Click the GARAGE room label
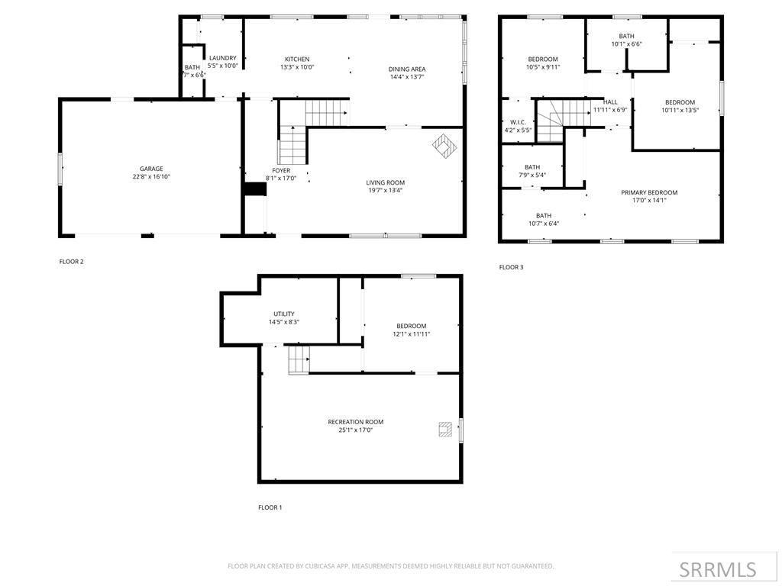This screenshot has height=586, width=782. click(x=151, y=169)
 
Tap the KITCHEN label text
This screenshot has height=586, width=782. click(x=297, y=60)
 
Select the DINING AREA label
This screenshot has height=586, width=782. click(x=406, y=69)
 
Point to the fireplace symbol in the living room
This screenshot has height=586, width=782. click(x=443, y=144)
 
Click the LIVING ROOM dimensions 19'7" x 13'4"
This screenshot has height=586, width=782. click(x=385, y=191)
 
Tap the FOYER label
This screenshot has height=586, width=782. click(x=281, y=171)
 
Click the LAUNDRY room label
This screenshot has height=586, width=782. click(x=223, y=58)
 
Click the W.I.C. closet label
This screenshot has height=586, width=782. click(x=518, y=122)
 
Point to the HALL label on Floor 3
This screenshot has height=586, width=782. click(x=610, y=102)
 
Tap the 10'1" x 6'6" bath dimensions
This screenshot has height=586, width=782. click(x=626, y=44)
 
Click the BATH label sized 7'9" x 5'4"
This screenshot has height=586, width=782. click(x=532, y=167)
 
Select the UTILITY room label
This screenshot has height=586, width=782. click(x=283, y=314)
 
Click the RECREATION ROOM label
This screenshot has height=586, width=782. click(x=355, y=422)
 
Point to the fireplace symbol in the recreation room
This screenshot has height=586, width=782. click(x=445, y=430)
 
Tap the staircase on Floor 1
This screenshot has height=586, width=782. click(x=299, y=359)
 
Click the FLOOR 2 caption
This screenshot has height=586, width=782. click(x=71, y=262)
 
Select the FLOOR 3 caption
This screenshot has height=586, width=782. click(x=511, y=267)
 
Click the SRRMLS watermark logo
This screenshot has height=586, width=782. click(x=718, y=569)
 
